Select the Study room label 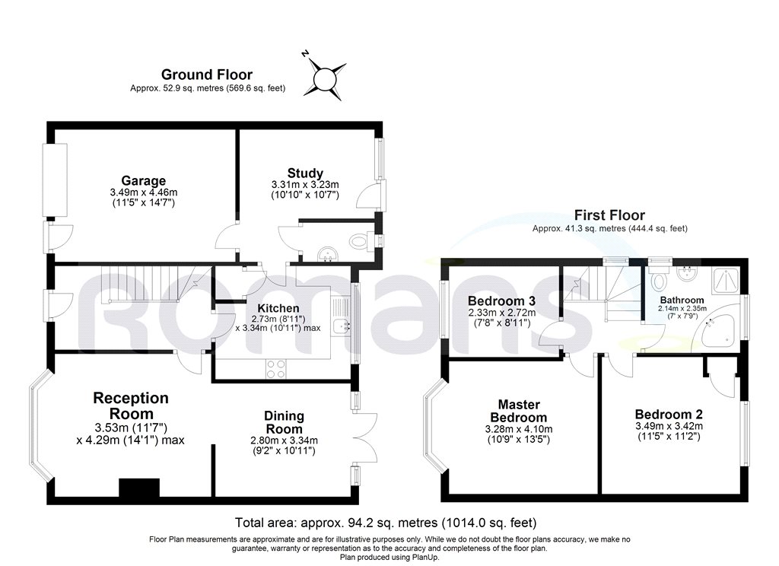pos(305,173)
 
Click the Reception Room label pos(131,405)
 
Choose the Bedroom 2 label pos(669,415)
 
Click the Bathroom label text pos(682,300)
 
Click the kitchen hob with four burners pos(275,368)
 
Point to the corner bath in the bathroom pos(718,330)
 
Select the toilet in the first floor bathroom pos(660,279)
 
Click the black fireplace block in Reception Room pos(139,488)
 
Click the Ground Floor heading pos(206,75)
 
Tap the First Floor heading pos(609,215)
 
